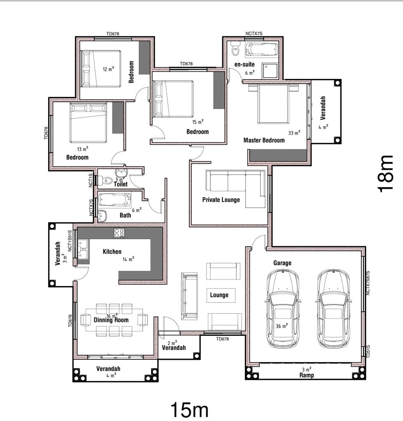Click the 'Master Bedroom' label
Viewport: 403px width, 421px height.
click(x=264, y=140)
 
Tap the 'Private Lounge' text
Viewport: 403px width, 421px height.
click(x=221, y=200)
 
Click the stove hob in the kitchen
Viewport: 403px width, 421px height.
click(x=119, y=233)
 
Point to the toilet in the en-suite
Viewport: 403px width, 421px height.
click(x=235, y=49)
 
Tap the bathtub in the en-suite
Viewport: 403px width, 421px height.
click(x=262, y=49)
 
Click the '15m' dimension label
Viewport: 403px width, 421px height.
click(x=190, y=410)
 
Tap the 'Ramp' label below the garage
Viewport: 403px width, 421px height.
click(x=306, y=375)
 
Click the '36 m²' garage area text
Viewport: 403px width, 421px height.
click(x=281, y=325)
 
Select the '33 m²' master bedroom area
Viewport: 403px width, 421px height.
click(x=294, y=132)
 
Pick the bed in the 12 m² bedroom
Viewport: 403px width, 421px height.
click(x=101, y=69)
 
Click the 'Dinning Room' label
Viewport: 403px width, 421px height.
click(x=111, y=320)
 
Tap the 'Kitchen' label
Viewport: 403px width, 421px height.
click(x=112, y=251)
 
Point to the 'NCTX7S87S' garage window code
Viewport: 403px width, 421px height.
click(x=368, y=282)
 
